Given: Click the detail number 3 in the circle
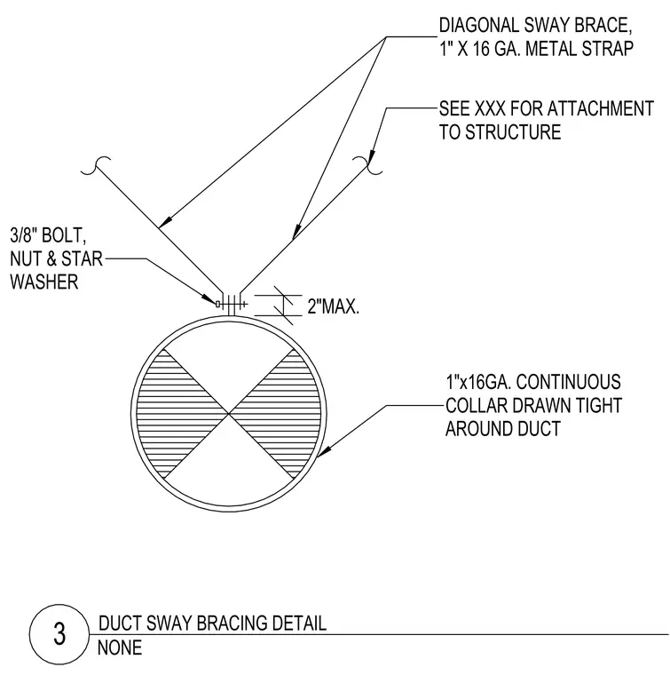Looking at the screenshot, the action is pos(59,634).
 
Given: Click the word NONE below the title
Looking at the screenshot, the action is pos(120,647).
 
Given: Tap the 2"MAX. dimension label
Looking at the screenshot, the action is pos(334,307).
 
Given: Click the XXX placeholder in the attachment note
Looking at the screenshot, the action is pos(490,108).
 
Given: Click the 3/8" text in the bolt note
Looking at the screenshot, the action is pos(21,235).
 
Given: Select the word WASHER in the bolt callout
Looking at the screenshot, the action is pos(43,282).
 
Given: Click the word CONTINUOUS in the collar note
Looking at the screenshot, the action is pos(568,382).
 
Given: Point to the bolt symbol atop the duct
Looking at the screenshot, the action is pos(232,305).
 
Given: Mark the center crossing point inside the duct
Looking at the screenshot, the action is pos(229,414).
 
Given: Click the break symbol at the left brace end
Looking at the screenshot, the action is pos(96,165).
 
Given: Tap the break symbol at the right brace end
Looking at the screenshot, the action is pos(367,165).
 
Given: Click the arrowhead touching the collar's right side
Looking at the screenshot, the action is pos(324,450).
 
